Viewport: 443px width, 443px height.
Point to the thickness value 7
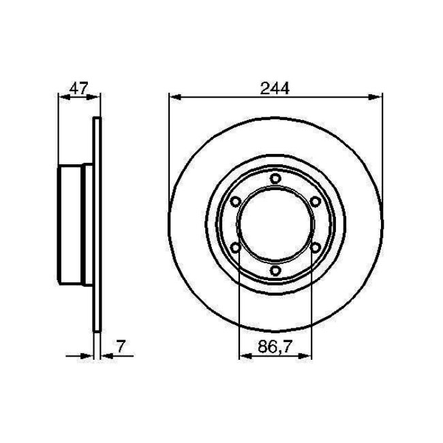pyautogui.click(x=121, y=346)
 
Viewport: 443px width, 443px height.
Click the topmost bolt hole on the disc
pyautogui.click(x=274, y=179)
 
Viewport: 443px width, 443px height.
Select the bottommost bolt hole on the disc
pyautogui.click(x=274, y=272)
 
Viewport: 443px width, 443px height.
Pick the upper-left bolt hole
pyautogui.click(x=234, y=202)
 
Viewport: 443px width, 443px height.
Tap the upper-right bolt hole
pyautogui.click(x=314, y=202)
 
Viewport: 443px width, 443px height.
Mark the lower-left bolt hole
pyautogui.click(x=234, y=249)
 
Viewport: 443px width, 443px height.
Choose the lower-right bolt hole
pyautogui.click(x=314, y=249)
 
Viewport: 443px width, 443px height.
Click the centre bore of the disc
pyautogui.click(x=274, y=226)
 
